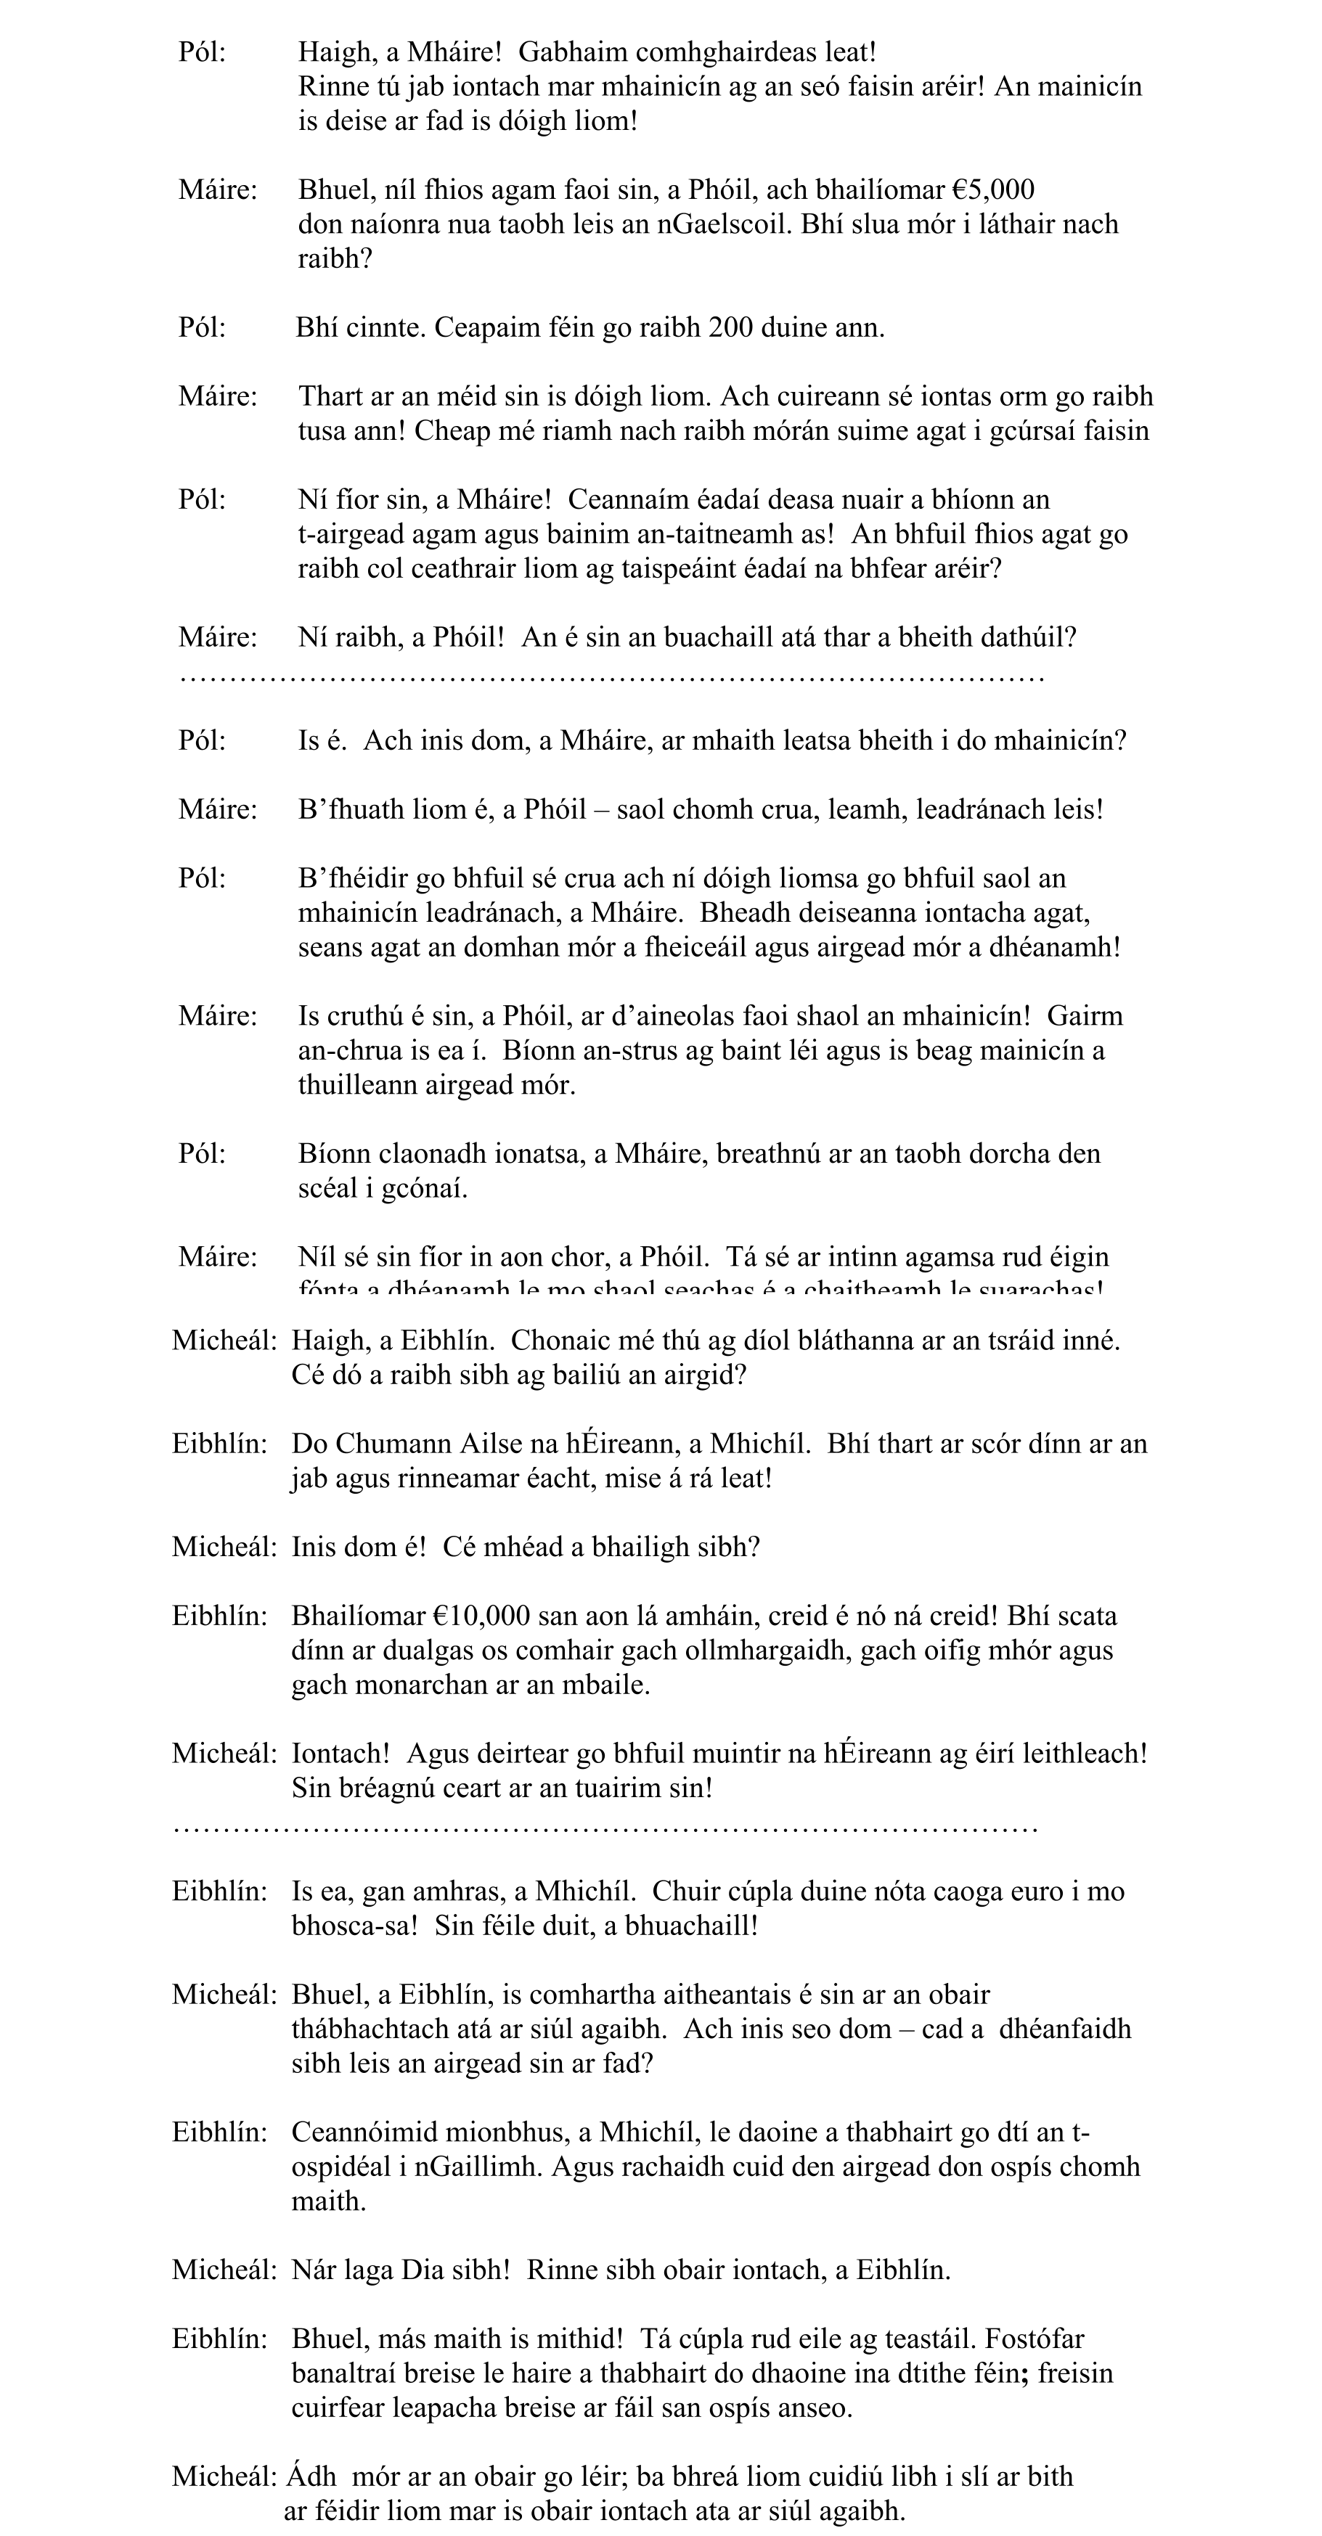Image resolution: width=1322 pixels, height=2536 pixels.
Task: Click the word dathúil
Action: coord(1023,637)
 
